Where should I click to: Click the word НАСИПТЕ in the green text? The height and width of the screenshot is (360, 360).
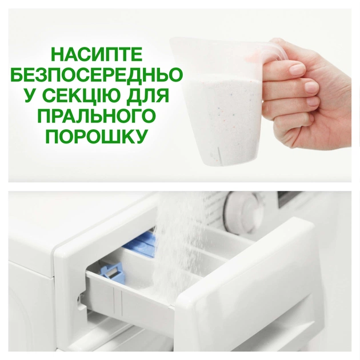point(95,55)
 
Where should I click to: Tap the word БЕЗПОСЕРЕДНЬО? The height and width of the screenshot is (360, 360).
point(95,75)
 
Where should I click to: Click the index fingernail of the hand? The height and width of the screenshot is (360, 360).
point(296,69)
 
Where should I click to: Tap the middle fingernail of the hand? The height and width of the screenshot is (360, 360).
point(311,86)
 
